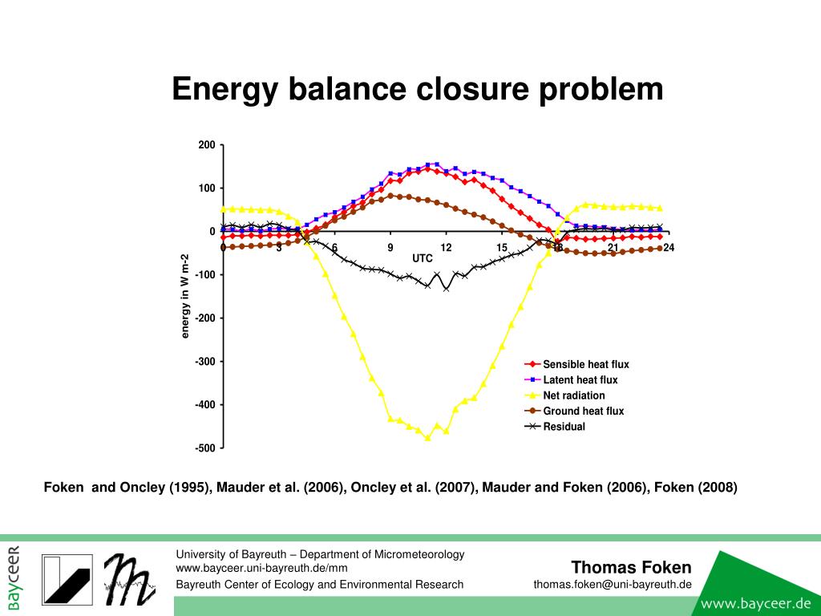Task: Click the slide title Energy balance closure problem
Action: pos(418,89)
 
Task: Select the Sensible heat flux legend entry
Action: pos(586,364)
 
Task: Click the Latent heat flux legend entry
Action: pos(580,380)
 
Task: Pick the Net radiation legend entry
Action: pos(574,395)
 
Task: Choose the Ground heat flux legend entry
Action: pos(583,411)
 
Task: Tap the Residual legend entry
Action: pos(564,427)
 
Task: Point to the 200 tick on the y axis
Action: pos(207,145)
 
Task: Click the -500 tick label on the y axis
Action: pos(205,448)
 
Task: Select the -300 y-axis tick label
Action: pos(205,362)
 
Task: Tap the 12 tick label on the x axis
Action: pos(447,247)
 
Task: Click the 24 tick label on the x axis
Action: pos(669,247)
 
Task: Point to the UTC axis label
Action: pos(423,258)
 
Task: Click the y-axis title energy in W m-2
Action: pos(185,295)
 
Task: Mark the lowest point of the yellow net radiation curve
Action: pos(427,438)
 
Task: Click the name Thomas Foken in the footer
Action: pos(631,568)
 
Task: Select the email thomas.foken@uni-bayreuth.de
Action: pos(613,584)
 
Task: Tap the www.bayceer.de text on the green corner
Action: pos(757,602)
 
